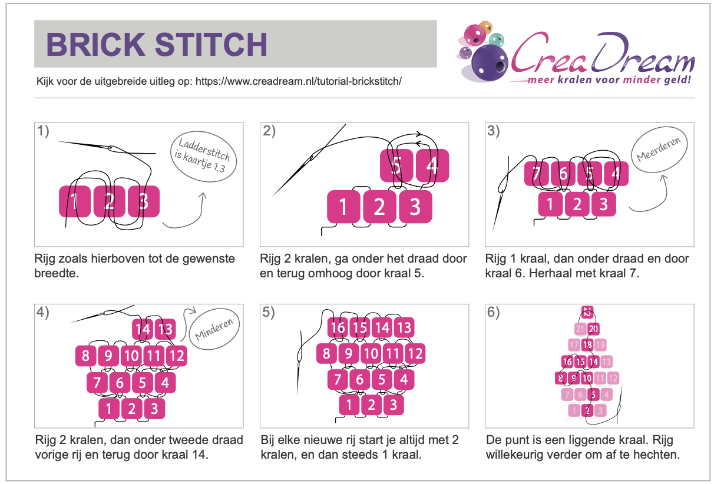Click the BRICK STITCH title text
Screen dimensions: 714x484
tap(157, 44)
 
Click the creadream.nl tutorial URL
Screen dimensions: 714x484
tap(298, 81)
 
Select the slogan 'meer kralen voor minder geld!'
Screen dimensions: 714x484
tap(609, 79)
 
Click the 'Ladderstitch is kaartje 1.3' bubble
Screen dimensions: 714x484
tap(204, 157)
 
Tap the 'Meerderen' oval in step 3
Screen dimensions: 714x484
tap(659, 150)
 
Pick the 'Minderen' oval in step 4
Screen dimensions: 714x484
tap(214, 329)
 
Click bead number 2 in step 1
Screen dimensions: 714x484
tap(110, 201)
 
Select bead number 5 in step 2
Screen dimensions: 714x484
tap(396, 165)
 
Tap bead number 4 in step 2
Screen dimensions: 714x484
tap(432, 165)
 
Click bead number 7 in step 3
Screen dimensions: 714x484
tap(537, 174)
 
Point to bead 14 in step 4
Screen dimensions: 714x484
tap(143, 329)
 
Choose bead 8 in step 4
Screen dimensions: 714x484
tap(86, 356)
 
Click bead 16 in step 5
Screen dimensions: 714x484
tap(338, 327)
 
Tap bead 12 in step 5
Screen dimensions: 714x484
tap(415, 353)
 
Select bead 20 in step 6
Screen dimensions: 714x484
tap(593, 329)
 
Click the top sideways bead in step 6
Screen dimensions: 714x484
tap(587, 312)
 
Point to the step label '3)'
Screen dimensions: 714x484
tap(494, 131)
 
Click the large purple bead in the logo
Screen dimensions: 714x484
tap(490, 63)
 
